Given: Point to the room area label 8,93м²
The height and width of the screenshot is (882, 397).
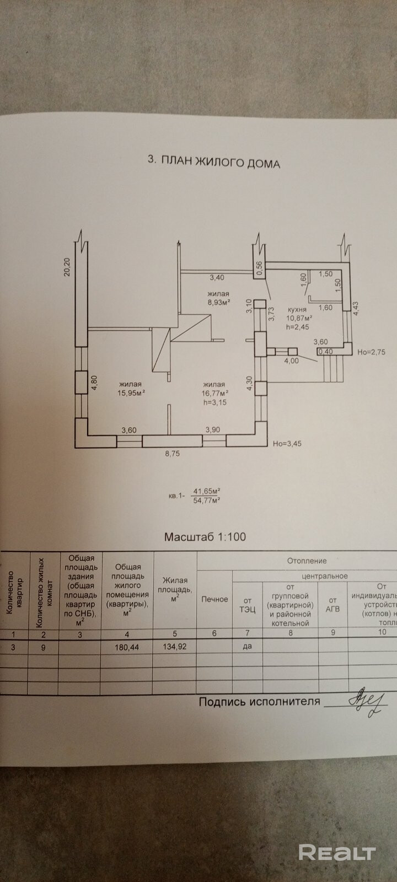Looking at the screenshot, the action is click(218, 302).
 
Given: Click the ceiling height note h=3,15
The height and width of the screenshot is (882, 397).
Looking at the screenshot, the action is click(216, 402).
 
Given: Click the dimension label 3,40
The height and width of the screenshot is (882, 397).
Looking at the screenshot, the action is click(216, 278).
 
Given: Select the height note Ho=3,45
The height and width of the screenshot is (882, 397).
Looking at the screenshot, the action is click(288, 442).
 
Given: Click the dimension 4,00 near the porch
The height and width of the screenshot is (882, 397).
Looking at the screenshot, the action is click(291, 361).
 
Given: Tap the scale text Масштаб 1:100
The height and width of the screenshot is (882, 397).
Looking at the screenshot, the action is click(205, 536).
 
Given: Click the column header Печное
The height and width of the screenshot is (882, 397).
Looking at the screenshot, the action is click(214, 599).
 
